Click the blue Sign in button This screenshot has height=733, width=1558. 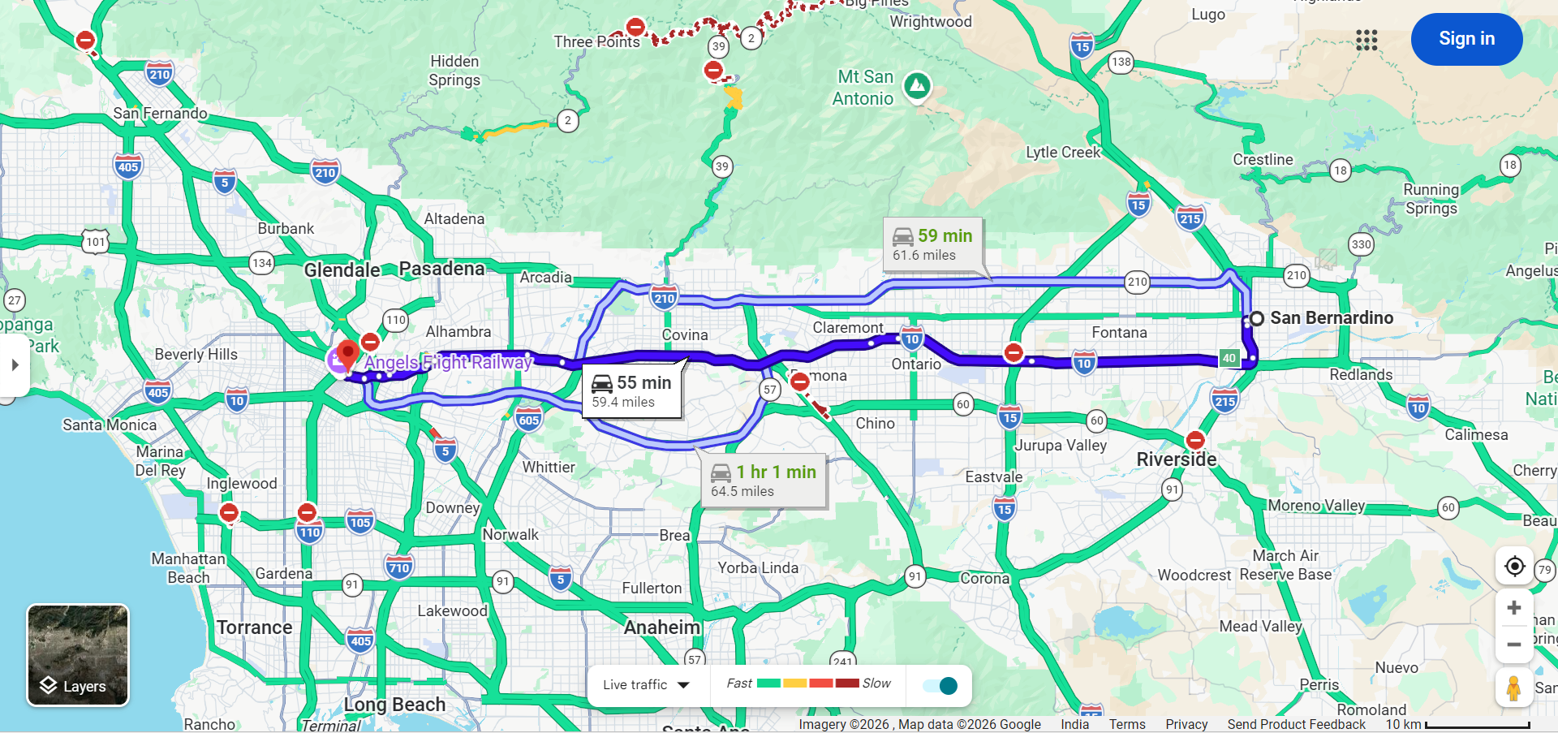click(x=1466, y=39)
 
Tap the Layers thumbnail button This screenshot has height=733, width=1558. click(x=78, y=655)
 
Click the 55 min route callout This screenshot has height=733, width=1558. click(x=632, y=391)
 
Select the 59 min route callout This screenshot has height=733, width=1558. click(x=932, y=244)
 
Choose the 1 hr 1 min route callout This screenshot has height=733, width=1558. click(x=764, y=481)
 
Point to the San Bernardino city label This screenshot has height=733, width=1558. click(x=1331, y=318)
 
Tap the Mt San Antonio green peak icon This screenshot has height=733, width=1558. click(x=917, y=84)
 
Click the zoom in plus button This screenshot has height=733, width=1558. click(x=1513, y=608)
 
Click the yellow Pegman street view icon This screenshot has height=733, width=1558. click(x=1513, y=688)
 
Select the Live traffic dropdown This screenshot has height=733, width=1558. click(x=646, y=685)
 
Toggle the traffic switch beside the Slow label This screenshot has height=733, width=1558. click(x=941, y=686)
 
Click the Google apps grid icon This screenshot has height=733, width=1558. click(x=1366, y=40)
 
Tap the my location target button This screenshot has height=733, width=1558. click(x=1514, y=566)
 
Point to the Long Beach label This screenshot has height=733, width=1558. click(x=394, y=705)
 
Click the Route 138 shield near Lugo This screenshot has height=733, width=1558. click(x=1121, y=62)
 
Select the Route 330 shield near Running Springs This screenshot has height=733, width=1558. click(x=1361, y=244)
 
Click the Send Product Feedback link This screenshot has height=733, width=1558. click(x=1296, y=724)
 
